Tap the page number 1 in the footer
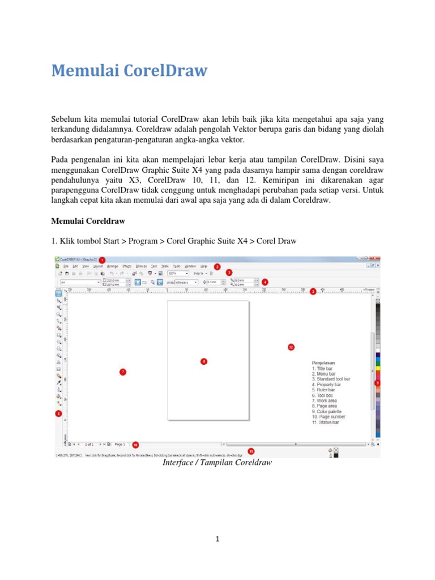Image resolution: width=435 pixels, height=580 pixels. tap(217, 539)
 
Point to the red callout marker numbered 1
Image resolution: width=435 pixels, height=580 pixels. tap(102, 259)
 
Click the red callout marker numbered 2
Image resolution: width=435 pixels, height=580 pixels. tap(217, 266)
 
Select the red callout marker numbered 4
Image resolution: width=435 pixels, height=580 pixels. tap(265, 281)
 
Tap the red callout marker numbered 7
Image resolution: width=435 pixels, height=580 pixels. tap(122, 372)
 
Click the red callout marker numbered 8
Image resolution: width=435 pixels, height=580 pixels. tap(204, 361)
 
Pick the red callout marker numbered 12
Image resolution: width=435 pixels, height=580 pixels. tap(291, 346)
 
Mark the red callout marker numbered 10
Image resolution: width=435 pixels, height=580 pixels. tap(135, 445)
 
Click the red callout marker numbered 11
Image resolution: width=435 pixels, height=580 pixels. tap(251, 451)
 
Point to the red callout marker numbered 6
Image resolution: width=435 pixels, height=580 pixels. tap(58, 413)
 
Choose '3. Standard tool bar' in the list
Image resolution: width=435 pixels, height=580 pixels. tap(331, 379)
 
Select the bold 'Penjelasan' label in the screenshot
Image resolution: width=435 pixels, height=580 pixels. tap(323, 362)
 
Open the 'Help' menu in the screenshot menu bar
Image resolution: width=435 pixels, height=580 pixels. tap(203, 266)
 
